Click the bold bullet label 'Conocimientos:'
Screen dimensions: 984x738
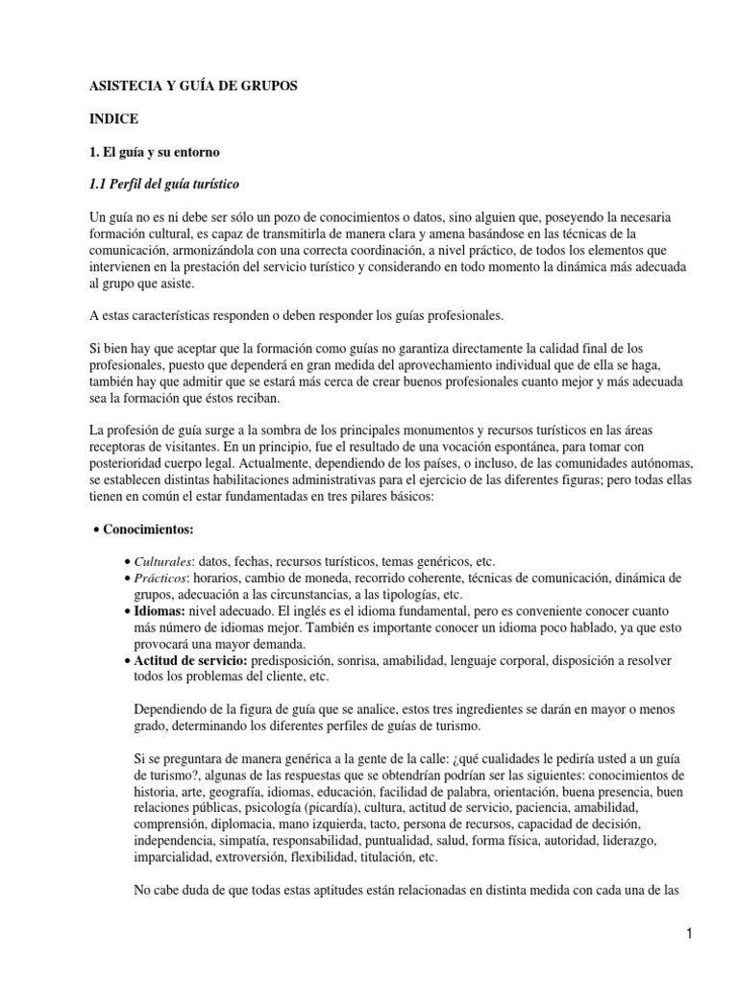coord(149,529)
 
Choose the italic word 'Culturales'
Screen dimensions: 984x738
coord(164,560)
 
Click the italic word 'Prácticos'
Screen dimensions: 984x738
coord(162,578)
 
